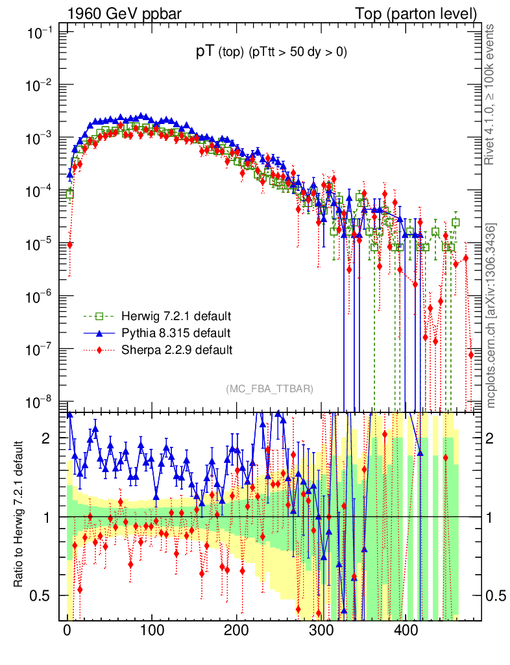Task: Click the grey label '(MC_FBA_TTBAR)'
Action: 270,389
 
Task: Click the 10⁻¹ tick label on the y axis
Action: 40,33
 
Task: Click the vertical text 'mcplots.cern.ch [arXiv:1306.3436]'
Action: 491,316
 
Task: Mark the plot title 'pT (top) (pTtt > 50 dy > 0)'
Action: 271,53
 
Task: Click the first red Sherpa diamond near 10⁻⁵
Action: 69,245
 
